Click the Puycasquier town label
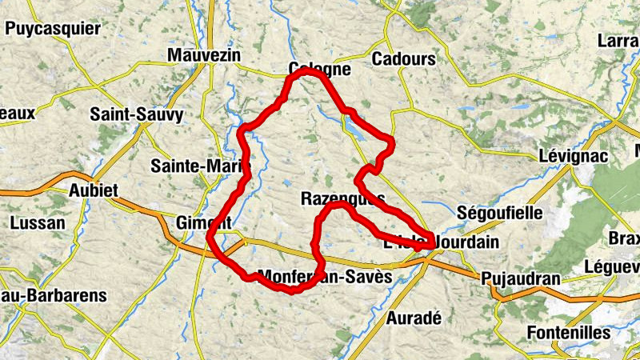tap(53, 29)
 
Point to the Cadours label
tap(403, 59)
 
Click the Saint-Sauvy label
tap(136, 114)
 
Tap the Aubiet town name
tap(94, 190)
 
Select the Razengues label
tap(343, 198)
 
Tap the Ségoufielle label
tap(498, 214)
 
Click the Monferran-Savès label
tap(326, 276)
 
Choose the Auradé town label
tap(414, 318)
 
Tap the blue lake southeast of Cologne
tap(355, 127)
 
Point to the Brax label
tap(624, 238)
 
